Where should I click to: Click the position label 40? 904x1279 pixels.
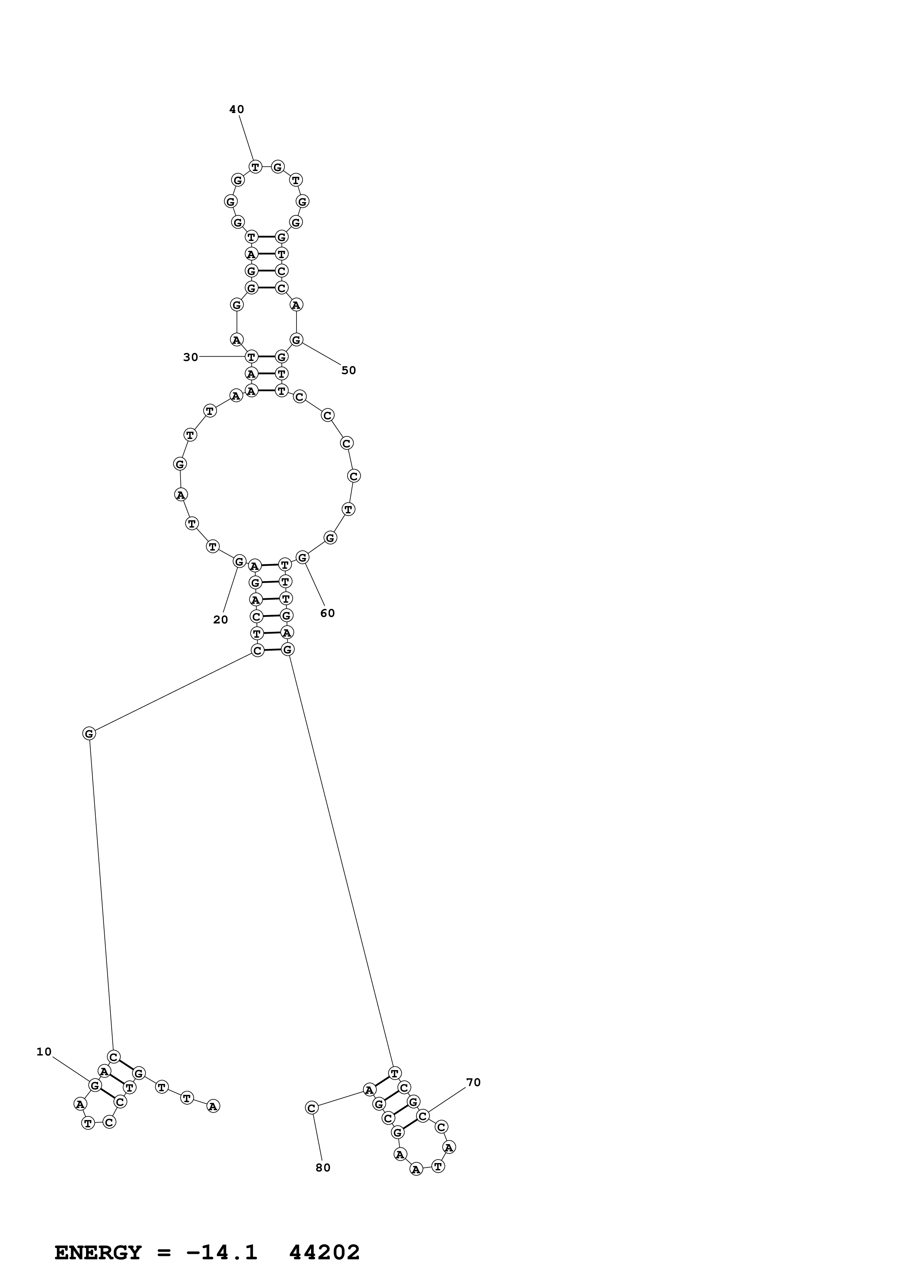236,110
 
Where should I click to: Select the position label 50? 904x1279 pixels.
348,370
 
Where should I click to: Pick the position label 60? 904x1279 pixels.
327,613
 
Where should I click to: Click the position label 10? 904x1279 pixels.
44,1052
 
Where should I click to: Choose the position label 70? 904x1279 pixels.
473,1082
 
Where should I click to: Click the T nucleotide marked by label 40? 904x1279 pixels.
255,167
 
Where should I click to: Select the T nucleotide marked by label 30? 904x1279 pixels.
251,357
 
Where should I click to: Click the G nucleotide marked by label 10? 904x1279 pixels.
95,1085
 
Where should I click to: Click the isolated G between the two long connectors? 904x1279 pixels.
89,734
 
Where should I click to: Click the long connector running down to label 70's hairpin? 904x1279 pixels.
340,861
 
